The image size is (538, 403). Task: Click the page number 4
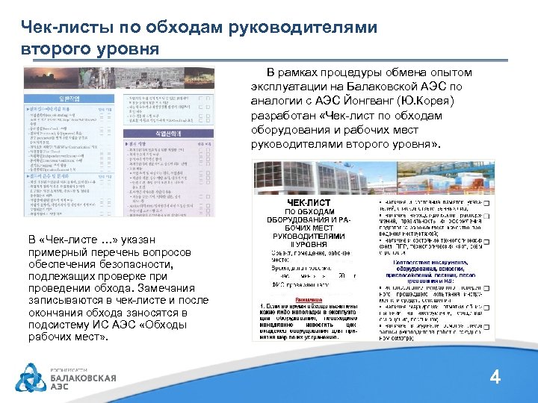pyautogui.click(x=495, y=378)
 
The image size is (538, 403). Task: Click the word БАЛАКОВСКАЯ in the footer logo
pyautogui.click(x=83, y=378)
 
